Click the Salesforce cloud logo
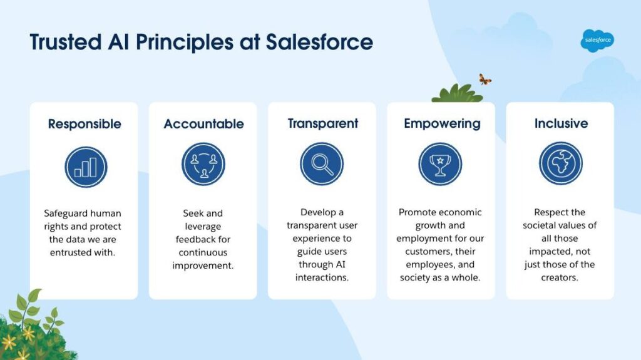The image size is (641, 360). coord(597,41)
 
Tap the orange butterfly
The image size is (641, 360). coord(485,79)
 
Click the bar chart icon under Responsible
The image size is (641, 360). coord(86,167)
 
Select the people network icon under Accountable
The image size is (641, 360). coord(203,164)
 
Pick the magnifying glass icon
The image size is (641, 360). coord(322,163)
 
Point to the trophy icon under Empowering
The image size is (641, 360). coord(440,163)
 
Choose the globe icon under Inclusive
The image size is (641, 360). coord(560,163)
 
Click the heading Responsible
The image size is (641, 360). coord(85,124)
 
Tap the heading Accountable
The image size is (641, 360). coord(203,124)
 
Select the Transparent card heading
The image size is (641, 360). coord(323,123)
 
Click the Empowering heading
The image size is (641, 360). coord(442,123)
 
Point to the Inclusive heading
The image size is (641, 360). coord(562,123)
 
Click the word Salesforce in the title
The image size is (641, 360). coord(319,42)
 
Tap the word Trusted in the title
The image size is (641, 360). coord(66,42)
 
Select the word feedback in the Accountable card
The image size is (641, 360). coord(192,239)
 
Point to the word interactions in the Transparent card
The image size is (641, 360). coord(322,277)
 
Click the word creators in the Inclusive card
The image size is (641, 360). coord(559,277)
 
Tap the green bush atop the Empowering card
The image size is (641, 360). coord(458,94)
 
